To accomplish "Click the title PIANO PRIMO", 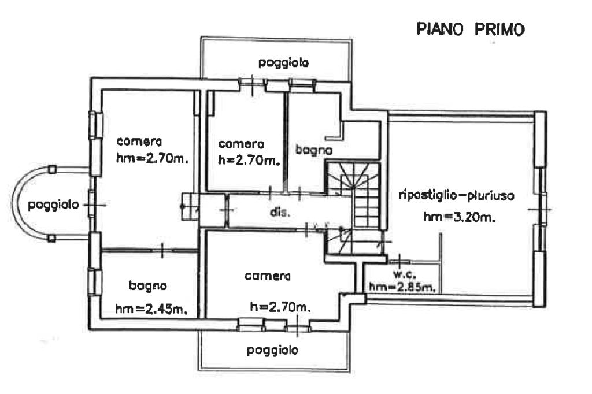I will coord(471,29).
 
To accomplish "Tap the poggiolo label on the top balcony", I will coord(283,62).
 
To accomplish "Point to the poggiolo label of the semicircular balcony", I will coord(54,205).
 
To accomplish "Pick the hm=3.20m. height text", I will coord(461,218).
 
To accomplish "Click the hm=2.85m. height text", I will coord(402,285).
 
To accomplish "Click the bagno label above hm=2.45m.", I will coord(148,285).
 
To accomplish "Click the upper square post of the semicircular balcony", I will coord(52,169).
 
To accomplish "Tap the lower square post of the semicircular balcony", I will coord(51,238).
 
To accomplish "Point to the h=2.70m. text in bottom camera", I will coord(280,306).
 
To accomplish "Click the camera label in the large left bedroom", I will coord(139,142).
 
